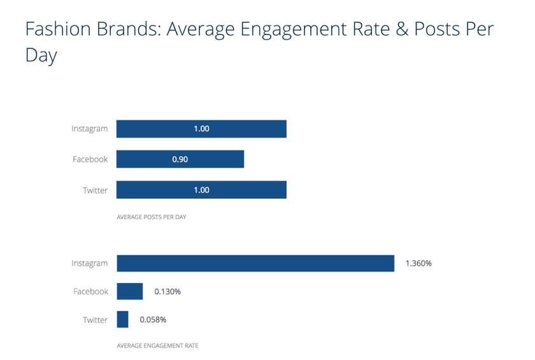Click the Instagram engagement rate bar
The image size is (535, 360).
click(x=255, y=263)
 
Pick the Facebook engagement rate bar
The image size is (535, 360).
click(x=130, y=291)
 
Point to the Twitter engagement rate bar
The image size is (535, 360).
click(x=123, y=319)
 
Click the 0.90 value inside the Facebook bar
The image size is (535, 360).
click(x=180, y=159)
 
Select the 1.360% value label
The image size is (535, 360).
click(x=418, y=263)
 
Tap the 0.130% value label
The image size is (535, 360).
click(x=168, y=291)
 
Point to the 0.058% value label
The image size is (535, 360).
click(x=153, y=319)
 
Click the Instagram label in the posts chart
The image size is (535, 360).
click(x=90, y=129)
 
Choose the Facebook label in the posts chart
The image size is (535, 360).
click(x=90, y=159)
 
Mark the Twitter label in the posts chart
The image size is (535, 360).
click(x=96, y=190)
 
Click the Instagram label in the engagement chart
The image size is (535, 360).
click(x=90, y=263)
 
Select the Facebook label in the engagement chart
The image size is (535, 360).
click(x=90, y=291)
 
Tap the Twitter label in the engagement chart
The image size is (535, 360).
click(x=96, y=319)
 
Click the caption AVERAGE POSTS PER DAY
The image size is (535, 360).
click(x=152, y=217)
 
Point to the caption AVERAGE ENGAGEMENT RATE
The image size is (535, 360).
click(x=157, y=346)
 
